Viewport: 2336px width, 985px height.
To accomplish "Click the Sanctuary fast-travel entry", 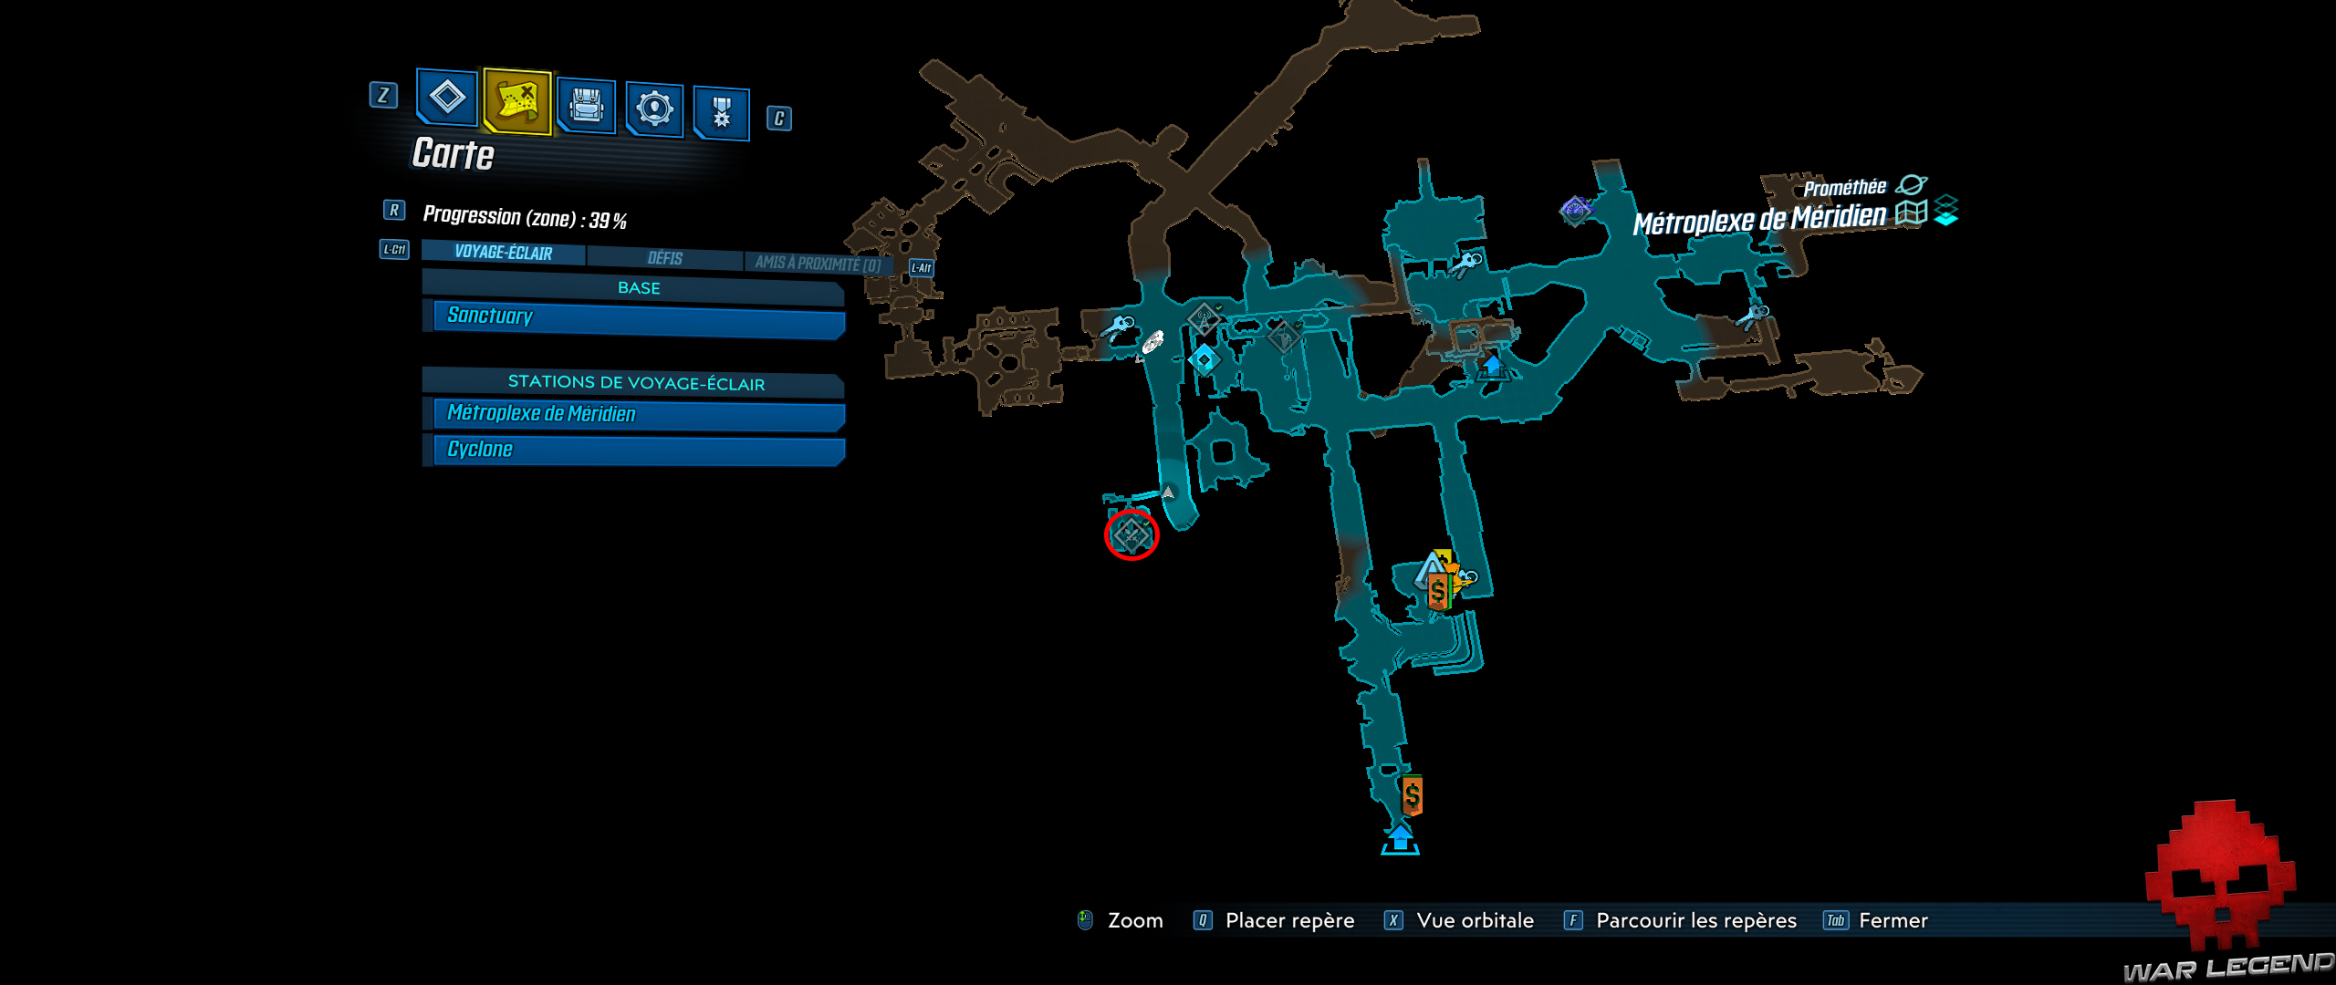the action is click(x=638, y=318).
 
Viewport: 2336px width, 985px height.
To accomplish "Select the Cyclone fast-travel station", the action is click(x=638, y=451).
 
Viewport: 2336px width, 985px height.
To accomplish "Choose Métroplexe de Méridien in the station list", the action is click(x=638, y=415).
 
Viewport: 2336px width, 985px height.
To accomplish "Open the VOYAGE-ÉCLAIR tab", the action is click(x=504, y=253).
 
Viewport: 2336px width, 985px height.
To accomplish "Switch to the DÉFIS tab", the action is click(x=665, y=259).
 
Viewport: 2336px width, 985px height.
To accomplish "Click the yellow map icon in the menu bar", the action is click(x=517, y=101).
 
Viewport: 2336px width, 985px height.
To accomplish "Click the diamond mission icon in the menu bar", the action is click(x=447, y=96).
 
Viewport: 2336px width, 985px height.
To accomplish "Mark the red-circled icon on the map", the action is click(x=1131, y=534).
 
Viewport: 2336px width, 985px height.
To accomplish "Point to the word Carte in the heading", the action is click(x=454, y=153).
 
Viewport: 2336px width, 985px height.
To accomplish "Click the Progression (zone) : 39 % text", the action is click(x=525, y=218).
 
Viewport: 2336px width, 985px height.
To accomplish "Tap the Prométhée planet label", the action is click(x=1844, y=188).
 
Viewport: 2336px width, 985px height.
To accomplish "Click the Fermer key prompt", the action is click(x=1893, y=921).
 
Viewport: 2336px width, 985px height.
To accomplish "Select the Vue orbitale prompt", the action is click(x=1475, y=921).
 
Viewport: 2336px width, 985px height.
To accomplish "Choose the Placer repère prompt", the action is click(x=1289, y=921).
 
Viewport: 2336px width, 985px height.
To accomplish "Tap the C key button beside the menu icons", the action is click(x=778, y=119).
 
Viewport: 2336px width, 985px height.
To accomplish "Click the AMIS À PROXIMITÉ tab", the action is click(x=817, y=264).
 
